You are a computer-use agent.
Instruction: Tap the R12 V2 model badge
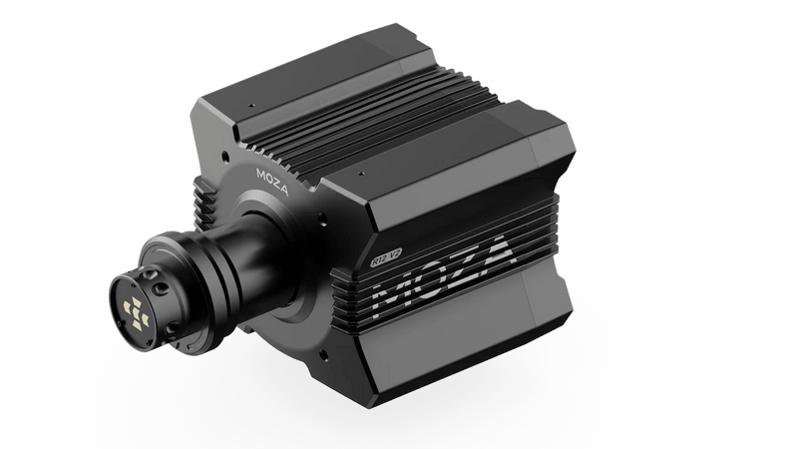point(385,262)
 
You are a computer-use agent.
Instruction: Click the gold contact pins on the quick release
point(133,308)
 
